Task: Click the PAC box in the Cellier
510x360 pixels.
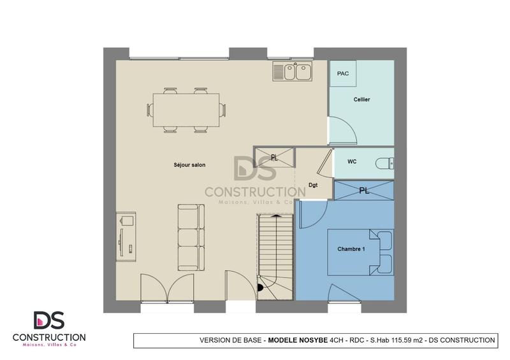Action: tap(343, 74)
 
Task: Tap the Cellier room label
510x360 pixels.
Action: tap(361, 99)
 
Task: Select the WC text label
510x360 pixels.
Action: tap(352, 162)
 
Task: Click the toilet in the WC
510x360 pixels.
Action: tap(384, 162)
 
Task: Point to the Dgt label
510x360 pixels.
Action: tap(314, 185)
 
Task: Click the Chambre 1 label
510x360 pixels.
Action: tap(351, 249)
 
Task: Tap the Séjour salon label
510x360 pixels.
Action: tap(189, 165)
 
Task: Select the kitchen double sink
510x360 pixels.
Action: tap(293, 72)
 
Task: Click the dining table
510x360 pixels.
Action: tap(186, 110)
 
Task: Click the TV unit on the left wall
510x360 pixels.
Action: tap(126, 236)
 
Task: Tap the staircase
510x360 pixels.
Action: tap(275, 255)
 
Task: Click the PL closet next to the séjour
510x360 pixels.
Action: tap(274, 157)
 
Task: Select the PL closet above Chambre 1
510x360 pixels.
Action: tap(364, 191)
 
